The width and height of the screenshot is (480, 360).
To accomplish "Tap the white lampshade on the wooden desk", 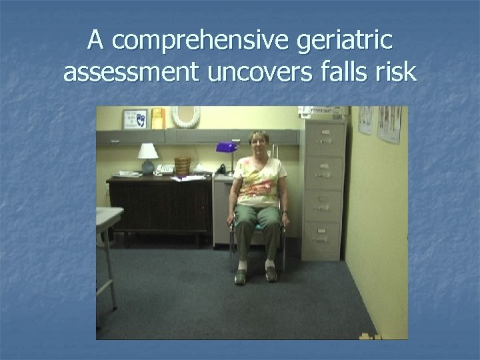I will (148, 151).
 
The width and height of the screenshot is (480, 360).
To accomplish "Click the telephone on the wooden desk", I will (164, 169).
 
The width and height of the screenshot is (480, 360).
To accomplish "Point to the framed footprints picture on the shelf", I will (135, 119).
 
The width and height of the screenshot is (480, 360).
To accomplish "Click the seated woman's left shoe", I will (270, 273).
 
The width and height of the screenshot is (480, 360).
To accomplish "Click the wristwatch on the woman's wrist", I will (285, 213).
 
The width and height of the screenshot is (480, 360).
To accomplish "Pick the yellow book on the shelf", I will (157, 118).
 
